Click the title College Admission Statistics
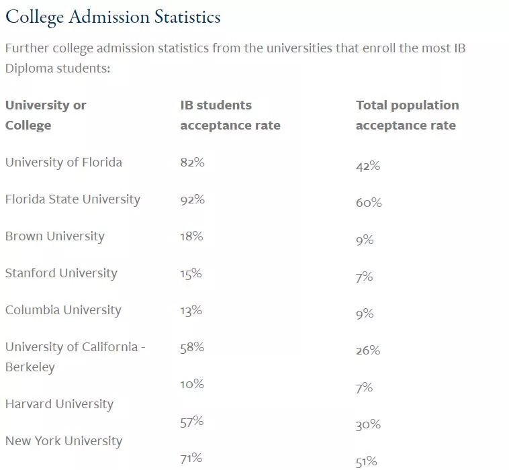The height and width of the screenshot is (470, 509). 113,17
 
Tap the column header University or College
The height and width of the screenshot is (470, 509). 46,115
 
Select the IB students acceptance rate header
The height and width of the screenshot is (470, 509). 230,115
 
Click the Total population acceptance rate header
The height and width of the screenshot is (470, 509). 407,115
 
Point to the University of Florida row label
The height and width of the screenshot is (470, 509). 64,162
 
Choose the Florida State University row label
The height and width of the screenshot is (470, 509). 73,199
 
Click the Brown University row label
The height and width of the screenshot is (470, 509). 55,236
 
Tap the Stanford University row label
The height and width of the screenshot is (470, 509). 61,273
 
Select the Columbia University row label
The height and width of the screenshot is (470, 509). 63,310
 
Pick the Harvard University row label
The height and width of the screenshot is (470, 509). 59,404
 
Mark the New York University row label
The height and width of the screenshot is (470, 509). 64,441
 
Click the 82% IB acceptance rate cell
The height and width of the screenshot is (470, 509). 192,162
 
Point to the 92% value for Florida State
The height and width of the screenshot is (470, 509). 192,199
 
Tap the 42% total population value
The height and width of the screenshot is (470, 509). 368,166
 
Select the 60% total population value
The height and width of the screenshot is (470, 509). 369,203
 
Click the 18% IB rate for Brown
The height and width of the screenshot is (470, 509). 191,236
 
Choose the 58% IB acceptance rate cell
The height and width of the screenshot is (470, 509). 192,347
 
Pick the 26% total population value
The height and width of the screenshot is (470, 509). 368,350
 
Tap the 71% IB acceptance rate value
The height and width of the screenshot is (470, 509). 191,459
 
